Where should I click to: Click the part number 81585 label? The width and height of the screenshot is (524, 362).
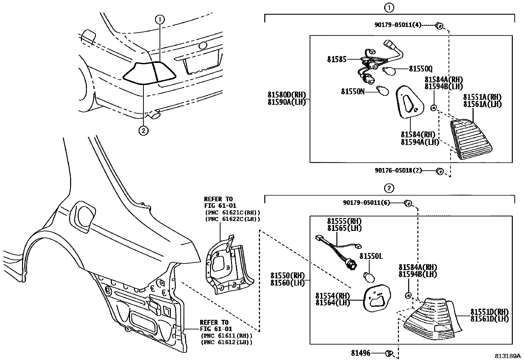336,59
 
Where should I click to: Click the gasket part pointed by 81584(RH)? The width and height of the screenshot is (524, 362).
407,102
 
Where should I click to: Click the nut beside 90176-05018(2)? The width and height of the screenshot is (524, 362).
439,171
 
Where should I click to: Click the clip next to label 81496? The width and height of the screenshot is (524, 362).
389,353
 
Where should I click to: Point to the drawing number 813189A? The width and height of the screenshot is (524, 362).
507,356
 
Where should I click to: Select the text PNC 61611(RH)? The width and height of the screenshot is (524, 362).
226,336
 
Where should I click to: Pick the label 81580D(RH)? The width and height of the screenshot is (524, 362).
287,95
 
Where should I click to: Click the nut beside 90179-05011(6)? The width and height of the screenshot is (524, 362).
408,203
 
